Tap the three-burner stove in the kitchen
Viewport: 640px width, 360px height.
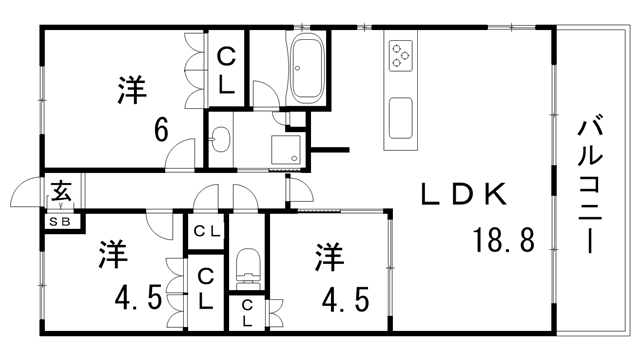(401, 54)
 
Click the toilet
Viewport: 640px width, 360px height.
(246, 269)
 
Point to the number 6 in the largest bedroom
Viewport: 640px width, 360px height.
(160, 130)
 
